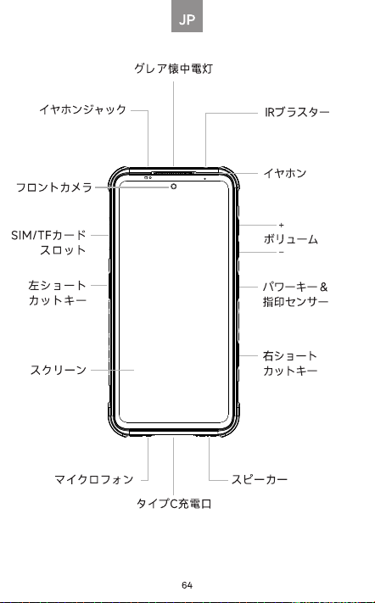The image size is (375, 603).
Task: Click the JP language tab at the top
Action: (187, 16)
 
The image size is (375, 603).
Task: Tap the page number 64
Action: (187, 585)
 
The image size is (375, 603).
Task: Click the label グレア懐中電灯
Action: (173, 69)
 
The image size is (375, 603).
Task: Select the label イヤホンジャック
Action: (82, 109)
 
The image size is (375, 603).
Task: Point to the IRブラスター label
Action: (297, 112)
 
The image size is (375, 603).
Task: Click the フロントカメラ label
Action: (54, 187)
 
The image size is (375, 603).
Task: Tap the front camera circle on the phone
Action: (174, 187)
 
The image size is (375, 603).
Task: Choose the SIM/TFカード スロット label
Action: (48, 243)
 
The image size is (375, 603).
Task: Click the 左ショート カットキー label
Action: (58, 293)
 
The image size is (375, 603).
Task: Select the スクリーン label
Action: (59, 370)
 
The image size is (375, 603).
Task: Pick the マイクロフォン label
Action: (94, 479)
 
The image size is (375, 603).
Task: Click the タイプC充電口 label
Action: (174, 504)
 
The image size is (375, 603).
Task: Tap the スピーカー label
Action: (260, 479)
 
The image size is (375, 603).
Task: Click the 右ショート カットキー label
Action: (290, 363)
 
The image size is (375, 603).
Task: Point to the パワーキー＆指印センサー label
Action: (295, 294)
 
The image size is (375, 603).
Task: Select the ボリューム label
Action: (291, 239)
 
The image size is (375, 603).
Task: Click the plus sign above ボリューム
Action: (281, 225)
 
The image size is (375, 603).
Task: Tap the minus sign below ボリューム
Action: (281, 252)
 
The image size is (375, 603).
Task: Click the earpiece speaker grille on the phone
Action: (174, 173)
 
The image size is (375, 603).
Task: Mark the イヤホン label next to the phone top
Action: (285, 173)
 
